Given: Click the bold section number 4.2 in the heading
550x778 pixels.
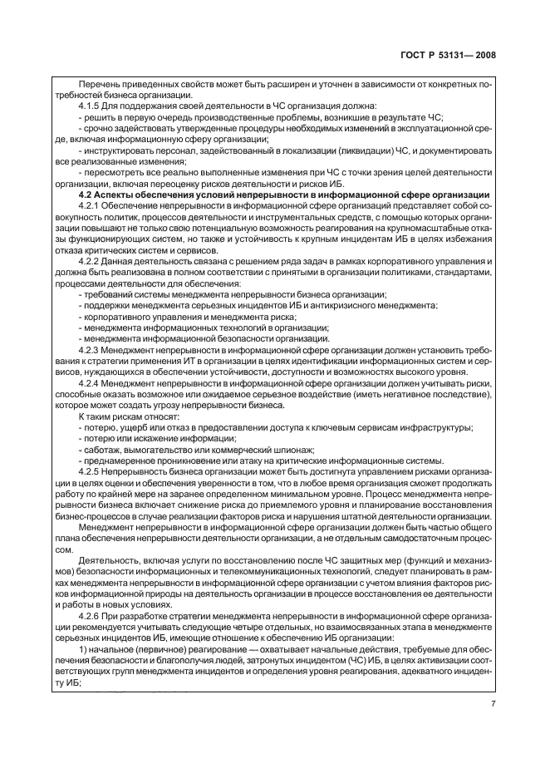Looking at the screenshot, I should click(x=84, y=193).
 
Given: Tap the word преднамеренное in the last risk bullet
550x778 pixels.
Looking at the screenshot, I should click(x=121, y=460).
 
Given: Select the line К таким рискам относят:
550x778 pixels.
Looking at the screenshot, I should click(x=125, y=416).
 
